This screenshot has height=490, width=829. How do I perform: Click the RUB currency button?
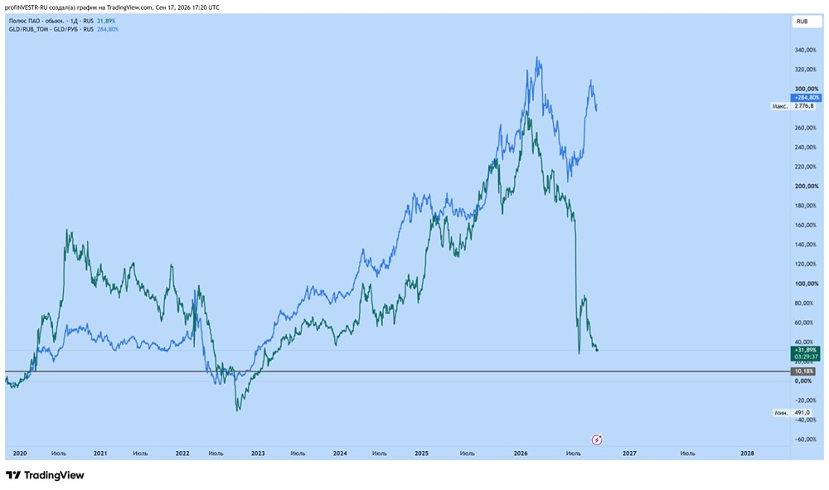pos(802,22)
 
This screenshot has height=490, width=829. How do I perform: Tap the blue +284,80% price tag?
pos(806,98)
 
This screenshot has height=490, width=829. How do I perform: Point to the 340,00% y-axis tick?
pos(806,51)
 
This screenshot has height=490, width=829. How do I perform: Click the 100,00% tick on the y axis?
pos(806,284)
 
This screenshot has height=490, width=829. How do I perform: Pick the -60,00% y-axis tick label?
pos(806,439)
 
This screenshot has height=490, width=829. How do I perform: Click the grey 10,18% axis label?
pos(805,371)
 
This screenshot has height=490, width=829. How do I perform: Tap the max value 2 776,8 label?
pos(805,106)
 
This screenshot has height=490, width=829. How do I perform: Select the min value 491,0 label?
pos(802,413)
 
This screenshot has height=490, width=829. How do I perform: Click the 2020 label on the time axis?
pos(20,453)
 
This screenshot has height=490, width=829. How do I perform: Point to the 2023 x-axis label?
pos(258,453)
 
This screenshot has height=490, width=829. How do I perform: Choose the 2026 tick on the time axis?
pos(521,453)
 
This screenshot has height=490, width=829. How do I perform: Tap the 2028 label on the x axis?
pos(747,453)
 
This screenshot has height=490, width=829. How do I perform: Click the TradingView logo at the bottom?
pos(46,475)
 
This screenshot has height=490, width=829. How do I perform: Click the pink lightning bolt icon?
pos(597,439)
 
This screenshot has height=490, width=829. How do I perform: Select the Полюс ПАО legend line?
pos(62,22)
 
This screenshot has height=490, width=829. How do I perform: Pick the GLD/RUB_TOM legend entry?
pos(64,30)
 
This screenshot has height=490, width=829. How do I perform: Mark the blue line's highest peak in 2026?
pos(537,57)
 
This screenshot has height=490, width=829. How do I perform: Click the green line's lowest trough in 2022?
pos(238,410)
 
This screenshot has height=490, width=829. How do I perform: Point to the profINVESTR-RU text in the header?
pos(26,7)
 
